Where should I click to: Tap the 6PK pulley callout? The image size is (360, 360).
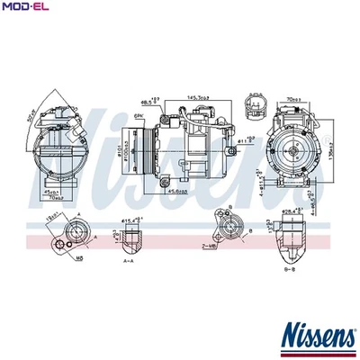[139, 116]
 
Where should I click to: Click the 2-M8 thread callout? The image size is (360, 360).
[208, 245]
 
